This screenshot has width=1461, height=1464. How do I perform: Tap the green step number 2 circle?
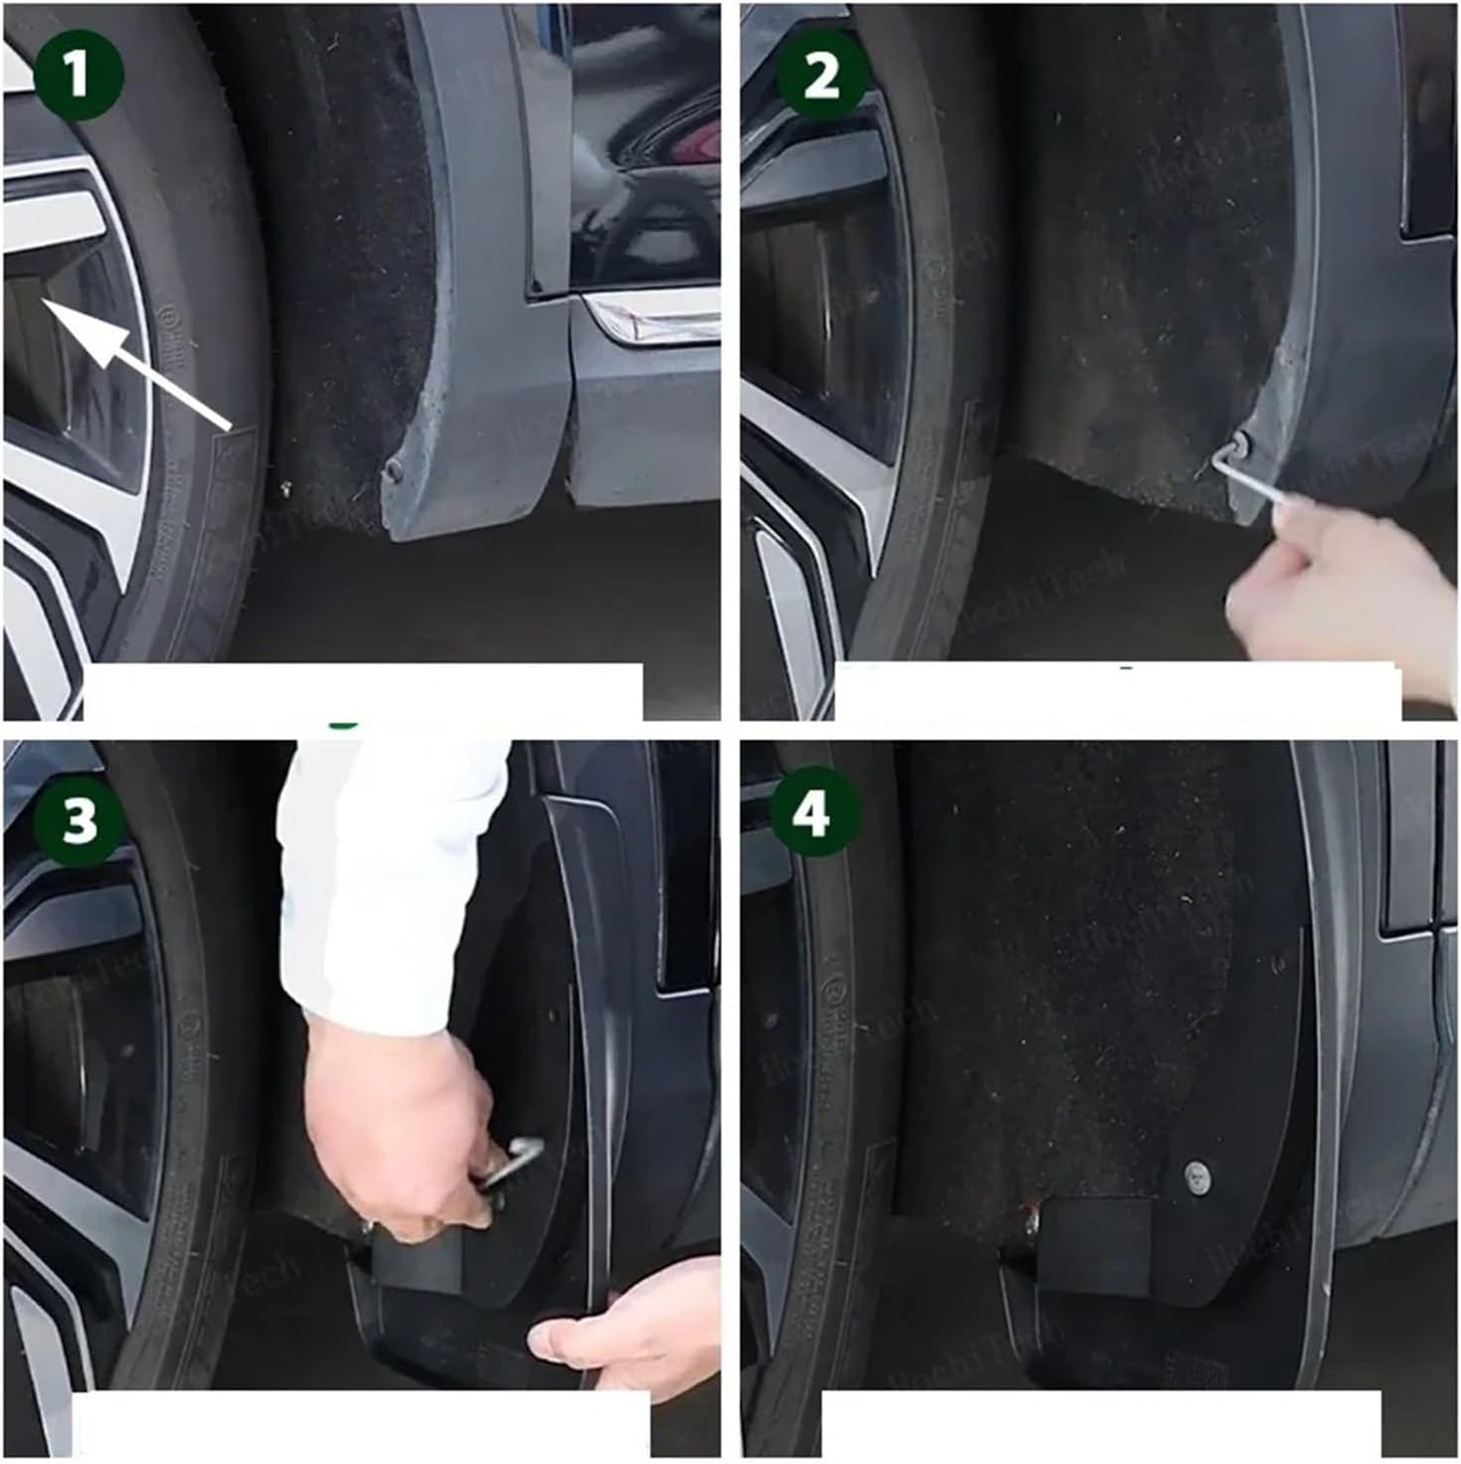tap(821, 76)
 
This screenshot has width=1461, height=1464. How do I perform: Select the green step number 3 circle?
tap(79, 822)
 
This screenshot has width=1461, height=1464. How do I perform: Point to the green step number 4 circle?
tap(812, 817)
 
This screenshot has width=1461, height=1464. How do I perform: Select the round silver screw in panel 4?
tap(1198, 1177)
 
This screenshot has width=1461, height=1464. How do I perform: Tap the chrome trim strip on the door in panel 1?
tap(651, 318)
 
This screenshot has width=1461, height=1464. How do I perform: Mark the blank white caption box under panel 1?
tap(363, 691)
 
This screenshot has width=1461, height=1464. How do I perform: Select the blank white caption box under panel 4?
tap(1099, 1423)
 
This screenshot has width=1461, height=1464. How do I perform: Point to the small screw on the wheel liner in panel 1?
tap(286, 486)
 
